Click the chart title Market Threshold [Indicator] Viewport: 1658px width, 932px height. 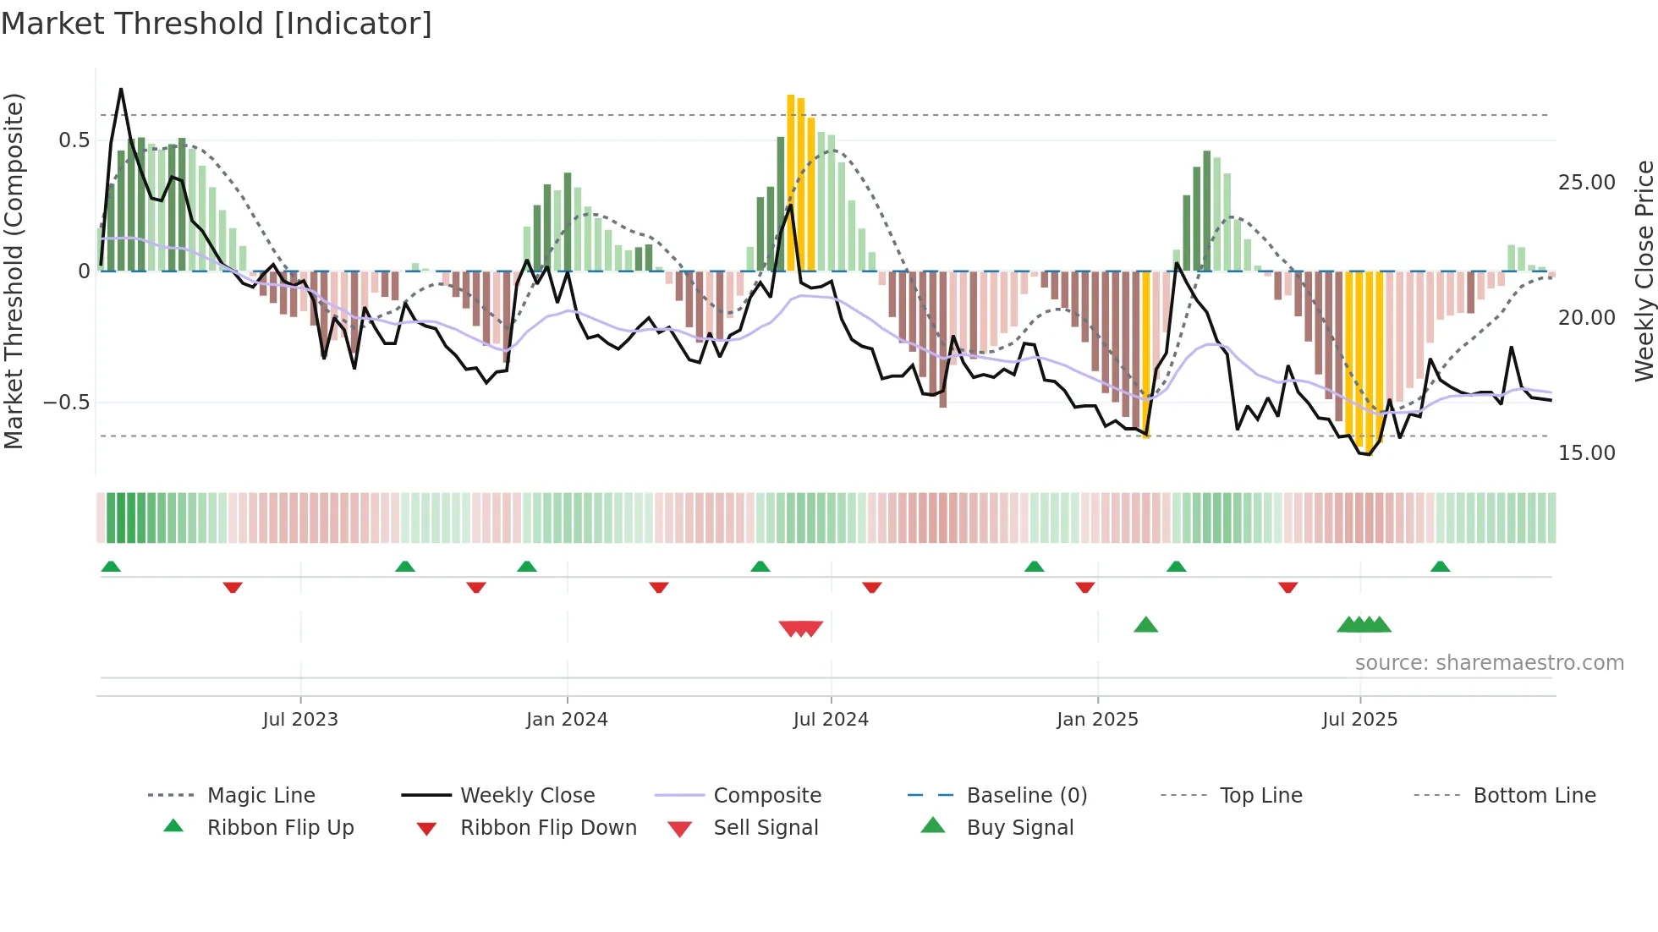217,24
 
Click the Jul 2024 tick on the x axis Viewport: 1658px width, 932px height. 831,720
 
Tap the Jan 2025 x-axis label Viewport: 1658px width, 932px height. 1097,720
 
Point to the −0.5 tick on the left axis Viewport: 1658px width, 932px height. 67,403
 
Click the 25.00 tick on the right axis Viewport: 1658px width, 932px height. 1586,183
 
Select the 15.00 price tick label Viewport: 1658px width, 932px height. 1586,453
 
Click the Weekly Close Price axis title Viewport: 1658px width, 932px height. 1644,271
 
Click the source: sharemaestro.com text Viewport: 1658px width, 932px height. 1489,663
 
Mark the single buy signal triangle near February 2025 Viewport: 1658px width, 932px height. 1145,625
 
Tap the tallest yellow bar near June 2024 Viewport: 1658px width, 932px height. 791,182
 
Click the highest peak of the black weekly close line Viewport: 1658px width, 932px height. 121,90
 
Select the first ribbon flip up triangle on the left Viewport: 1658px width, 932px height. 111,567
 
